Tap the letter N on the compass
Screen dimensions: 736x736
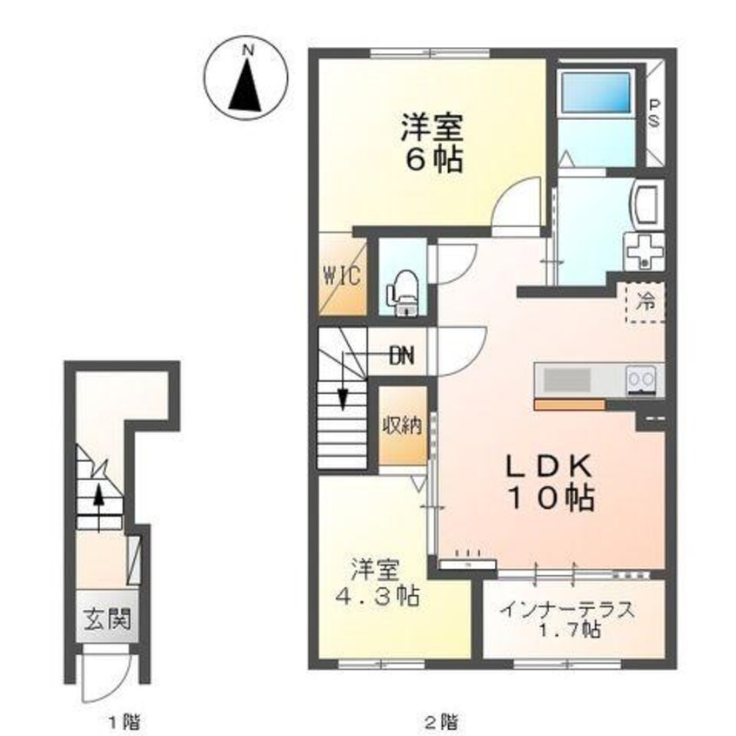point(247,50)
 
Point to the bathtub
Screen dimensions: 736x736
point(596,92)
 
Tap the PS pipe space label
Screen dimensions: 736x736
point(653,113)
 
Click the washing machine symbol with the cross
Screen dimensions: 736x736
point(644,251)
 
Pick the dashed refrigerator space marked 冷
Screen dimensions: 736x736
point(646,302)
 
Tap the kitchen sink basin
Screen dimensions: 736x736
point(566,379)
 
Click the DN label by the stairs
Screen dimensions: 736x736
point(403,356)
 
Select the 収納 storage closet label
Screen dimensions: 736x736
point(402,425)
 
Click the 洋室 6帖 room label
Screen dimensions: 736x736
point(432,144)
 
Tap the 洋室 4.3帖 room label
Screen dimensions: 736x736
point(377,583)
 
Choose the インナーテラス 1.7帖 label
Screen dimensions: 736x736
point(567,619)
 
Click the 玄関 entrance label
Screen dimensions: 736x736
point(107,619)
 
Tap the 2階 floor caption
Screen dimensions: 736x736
point(442,720)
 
